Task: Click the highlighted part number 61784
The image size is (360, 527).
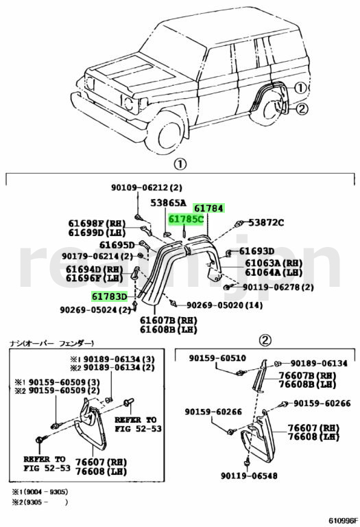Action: (209, 209)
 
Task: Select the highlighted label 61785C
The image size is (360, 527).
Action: (186, 220)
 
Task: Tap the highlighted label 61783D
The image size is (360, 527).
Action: (110, 296)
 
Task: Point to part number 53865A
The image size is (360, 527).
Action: (168, 202)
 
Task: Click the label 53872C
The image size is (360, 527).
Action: (266, 222)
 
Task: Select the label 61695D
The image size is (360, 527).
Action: (117, 245)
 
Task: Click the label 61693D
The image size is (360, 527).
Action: (257, 251)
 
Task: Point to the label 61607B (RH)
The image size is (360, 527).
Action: (169, 320)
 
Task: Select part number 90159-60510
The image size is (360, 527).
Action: (217, 358)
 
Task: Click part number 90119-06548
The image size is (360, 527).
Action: (249, 476)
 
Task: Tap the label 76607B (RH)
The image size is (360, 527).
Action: (308, 375)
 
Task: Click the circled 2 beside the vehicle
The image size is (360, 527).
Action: (301, 108)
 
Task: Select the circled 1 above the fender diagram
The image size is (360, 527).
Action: (180, 165)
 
